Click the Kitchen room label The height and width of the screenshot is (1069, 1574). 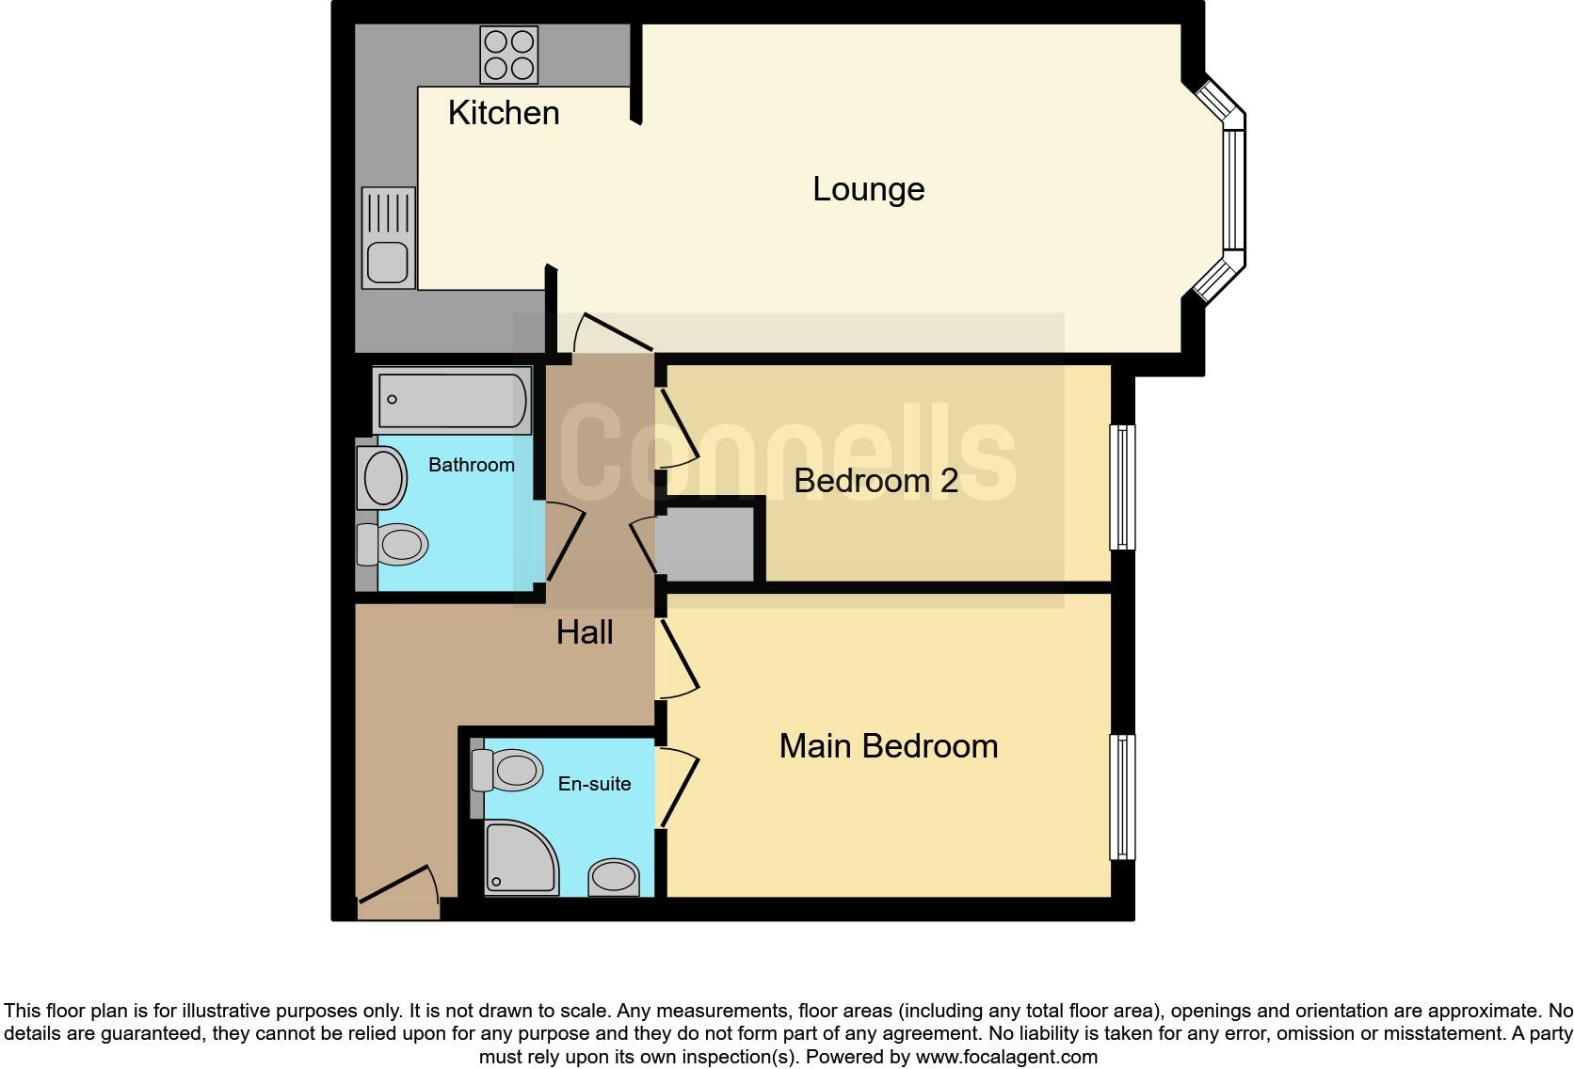tap(504, 113)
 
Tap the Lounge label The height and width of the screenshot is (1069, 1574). tap(868, 189)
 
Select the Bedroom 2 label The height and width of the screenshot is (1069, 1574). tap(875, 481)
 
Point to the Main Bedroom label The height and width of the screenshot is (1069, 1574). tap(888, 746)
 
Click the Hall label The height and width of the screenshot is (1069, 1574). tap(585, 632)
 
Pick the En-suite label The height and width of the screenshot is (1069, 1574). tap(594, 784)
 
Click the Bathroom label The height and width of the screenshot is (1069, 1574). tap(471, 465)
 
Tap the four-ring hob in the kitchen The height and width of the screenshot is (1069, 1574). tap(508, 55)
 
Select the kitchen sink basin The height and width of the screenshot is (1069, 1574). tap(387, 262)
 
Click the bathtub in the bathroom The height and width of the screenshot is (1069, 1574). tap(452, 400)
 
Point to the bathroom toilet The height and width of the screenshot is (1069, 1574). tap(395, 545)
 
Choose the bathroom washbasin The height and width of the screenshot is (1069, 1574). tap(383, 478)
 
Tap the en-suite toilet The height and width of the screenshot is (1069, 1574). tap(509, 770)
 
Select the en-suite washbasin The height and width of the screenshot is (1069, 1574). tap(614, 877)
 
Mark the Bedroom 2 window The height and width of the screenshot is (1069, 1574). tap(1122, 487)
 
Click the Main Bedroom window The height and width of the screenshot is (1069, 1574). tap(1122, 797)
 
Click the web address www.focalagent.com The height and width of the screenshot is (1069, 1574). tap(1006, 1057)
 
